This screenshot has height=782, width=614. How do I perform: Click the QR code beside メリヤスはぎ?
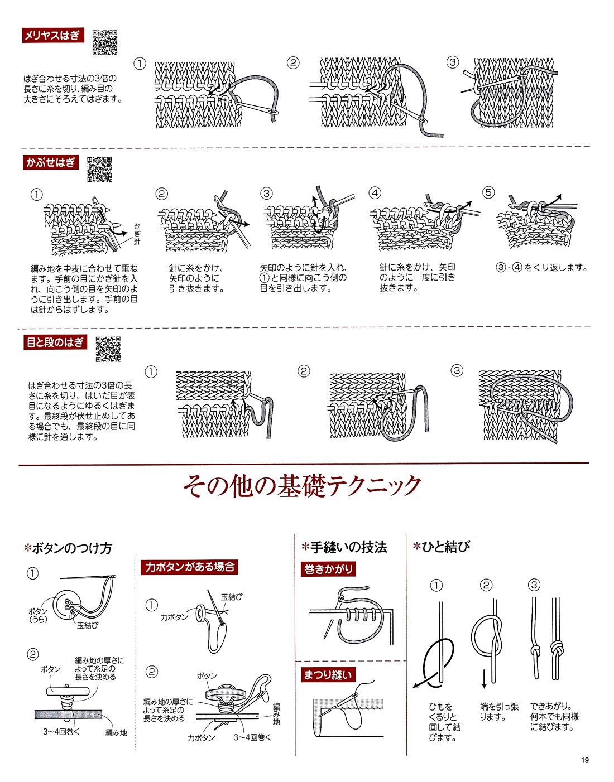coord(105,42)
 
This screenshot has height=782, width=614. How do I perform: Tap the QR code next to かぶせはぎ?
coord(99,169)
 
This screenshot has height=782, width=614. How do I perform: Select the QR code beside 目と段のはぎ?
coord(108,349)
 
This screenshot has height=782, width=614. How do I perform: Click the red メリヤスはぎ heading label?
coord(53,35)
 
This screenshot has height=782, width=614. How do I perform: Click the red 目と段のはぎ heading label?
coord(55,342)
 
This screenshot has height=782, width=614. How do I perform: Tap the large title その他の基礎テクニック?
coord(302,486)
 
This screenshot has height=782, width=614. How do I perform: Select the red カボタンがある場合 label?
coord(189,567)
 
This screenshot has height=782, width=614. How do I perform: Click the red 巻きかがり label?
coord(328,568)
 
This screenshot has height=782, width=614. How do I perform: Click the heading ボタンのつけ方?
coord(68,548)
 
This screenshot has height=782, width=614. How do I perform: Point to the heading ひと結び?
coord(442,547)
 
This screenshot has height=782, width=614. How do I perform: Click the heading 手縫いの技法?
coord(344,547)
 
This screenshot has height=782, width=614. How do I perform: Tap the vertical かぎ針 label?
coord(137,234)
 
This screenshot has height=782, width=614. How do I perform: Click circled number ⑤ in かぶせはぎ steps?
coord(488,192)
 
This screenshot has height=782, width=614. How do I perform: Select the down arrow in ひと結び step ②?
coord(485,679)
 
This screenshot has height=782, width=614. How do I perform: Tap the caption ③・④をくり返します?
coord(541,267)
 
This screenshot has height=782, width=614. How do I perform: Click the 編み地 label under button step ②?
coord(116,732)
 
